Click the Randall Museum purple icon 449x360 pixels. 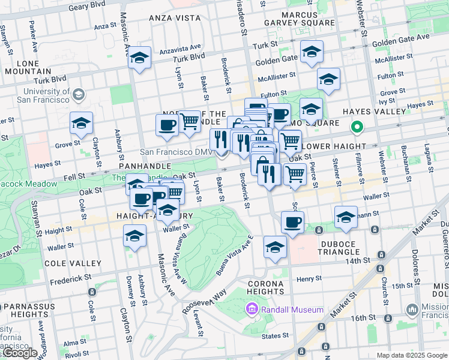pos(252,310)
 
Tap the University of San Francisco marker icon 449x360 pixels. pos(78,95)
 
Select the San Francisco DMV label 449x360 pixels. pos(176,152)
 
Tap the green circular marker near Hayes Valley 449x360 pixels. pos(357,127)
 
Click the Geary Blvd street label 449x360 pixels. pos(86,4)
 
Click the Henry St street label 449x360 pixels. pos(309,278)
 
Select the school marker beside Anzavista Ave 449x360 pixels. pos(140,58)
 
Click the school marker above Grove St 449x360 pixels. pos(81,124)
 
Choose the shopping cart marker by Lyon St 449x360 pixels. pos(190,121)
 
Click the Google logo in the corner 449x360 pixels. pos(20,353)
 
